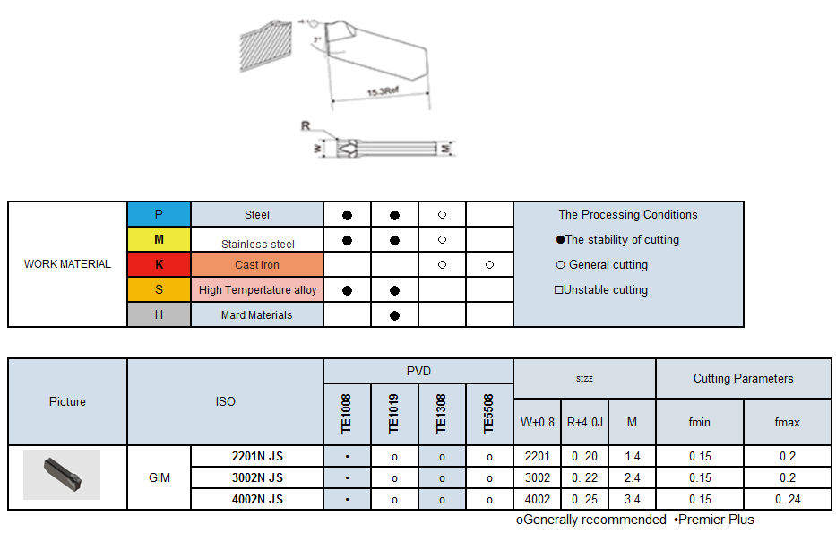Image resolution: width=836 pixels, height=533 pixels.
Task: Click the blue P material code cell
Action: click(x=159, y=214)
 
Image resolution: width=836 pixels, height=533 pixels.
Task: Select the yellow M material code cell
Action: click(x=159, y=239)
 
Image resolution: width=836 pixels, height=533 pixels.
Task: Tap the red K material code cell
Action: click(x=159, y=264)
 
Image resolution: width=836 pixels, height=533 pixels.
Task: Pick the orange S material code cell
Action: click(x=159, y=289)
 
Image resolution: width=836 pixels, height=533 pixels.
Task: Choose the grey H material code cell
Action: click(x=159, y=314)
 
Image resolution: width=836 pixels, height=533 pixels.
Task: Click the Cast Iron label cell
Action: click(x=257, y=265)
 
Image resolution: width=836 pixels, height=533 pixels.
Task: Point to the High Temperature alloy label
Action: click(x=257, y=290)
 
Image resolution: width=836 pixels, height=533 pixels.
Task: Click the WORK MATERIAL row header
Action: click(x=67, y=264)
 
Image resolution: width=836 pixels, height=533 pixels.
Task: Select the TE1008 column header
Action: click(x=347, y=414)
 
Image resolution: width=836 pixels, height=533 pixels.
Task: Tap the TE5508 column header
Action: click(x=489, y=414)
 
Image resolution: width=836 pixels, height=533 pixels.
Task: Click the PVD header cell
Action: click(x=418, y=371)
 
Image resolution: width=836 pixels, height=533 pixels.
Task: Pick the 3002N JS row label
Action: click(x=257, y=477)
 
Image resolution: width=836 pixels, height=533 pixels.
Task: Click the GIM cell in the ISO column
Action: click(x=159, y=477)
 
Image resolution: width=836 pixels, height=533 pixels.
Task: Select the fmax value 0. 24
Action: click(x=788, y=499)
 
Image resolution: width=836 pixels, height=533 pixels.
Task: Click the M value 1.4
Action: click(x=632, y=456)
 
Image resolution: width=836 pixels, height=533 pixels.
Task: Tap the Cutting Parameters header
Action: click(x=743, y=378)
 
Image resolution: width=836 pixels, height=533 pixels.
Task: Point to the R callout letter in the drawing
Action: click(x=306, y=126)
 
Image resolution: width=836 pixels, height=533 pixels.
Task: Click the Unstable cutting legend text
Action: click(x=601, y=290)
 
